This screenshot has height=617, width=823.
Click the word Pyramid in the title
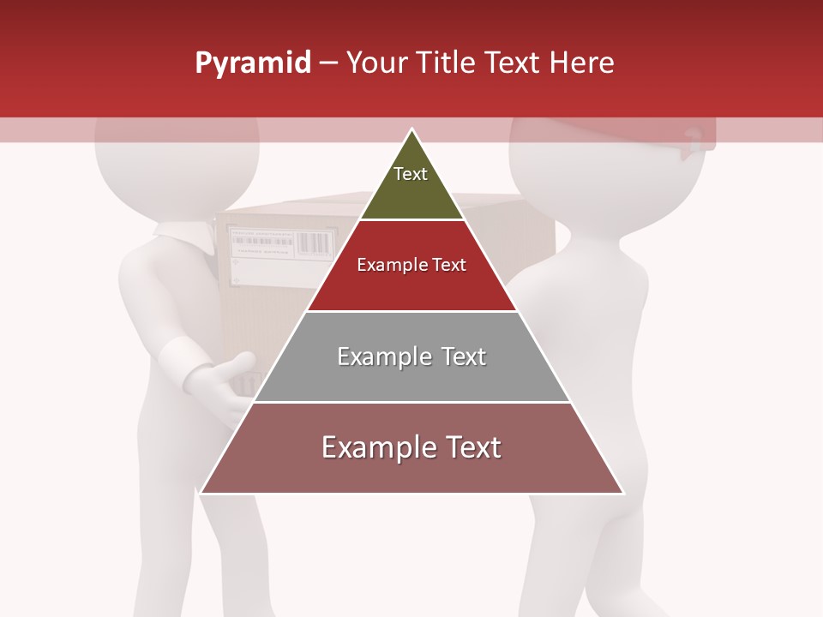[x=252, y=63]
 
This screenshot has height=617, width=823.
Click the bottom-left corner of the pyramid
[x=202, y=492]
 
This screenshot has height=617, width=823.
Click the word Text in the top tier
[x=410, y=174]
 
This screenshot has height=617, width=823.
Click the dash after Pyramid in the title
[x=328, y=63]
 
